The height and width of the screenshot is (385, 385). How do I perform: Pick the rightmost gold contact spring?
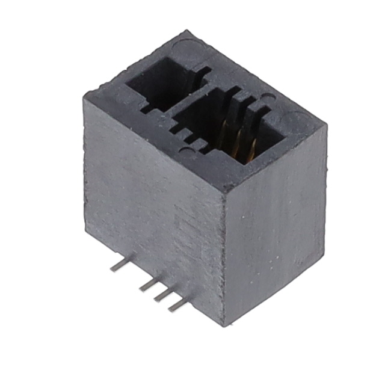point(252,148)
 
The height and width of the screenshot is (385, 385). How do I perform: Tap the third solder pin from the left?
point(162,295)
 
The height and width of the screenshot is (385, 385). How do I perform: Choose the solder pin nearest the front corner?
point(176,306)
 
